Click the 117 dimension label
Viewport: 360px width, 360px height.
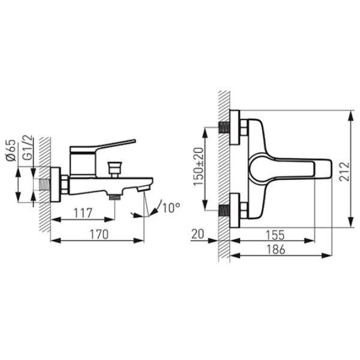pos(83,213)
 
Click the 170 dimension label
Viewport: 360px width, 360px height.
pos(99,235)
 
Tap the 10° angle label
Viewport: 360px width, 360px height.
pos(171,208)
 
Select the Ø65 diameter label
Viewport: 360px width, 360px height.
pos(11,151)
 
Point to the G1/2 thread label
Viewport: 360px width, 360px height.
pos(28,148)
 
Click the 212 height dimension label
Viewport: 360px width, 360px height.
pos(344,172)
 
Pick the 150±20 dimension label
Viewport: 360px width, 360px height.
pos(199,166)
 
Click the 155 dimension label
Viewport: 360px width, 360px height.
pos(275,235)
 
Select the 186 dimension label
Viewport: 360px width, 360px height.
pos(276,250)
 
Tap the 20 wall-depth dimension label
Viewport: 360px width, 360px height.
pos(197,234)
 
